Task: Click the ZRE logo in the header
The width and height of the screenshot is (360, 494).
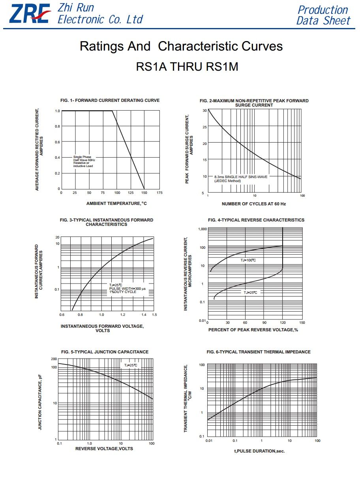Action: [x=30, y=14]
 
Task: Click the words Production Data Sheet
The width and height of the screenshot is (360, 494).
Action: [x=323, y=15]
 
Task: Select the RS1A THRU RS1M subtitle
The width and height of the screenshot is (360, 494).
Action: [x=187, y=66]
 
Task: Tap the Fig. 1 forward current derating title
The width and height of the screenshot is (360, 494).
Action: [x=110, y=100]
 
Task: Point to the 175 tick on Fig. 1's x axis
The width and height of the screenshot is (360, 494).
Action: [x=159, y=193]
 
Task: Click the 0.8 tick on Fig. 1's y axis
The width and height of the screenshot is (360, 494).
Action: [x=57, y=126]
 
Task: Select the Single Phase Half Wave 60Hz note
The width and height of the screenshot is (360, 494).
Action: [x=84, y=162]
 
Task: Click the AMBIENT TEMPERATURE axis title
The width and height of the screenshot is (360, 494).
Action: [x=116, y=203]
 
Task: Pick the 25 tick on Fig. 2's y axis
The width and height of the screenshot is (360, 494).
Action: [x=205, y=127]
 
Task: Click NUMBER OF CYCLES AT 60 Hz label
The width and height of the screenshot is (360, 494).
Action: [x=254, y=204]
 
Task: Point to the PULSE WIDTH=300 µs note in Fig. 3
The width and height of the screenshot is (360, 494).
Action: [x=127, y=288]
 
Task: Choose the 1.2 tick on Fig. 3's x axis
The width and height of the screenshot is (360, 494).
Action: [x=123, y=315]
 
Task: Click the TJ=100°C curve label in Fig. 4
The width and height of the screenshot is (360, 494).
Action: [x=248, y=260]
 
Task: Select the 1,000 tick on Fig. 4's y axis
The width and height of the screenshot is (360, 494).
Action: [x=202, y=229]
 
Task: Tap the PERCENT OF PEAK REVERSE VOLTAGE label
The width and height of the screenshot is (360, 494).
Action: [x=253, y=330]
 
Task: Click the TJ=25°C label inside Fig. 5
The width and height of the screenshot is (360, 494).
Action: [x=131, y=365]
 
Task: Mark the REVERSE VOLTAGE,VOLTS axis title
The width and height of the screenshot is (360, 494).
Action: [x=104, y=449]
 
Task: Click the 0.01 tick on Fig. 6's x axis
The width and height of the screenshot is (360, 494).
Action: [x=209, y=441]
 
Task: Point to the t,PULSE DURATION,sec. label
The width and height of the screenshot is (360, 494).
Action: [x=259, y=451]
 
